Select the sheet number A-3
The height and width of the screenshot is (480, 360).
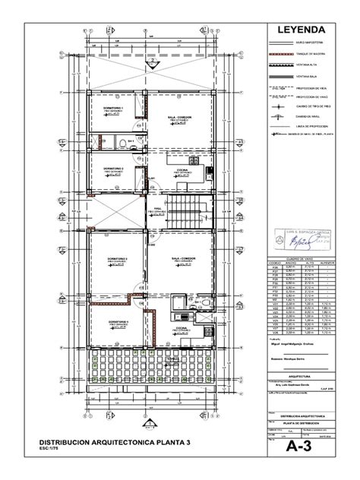tap(302, 449)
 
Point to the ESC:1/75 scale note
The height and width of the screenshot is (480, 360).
tap(50, 450)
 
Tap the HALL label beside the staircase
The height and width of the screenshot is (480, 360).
tap(158, 207)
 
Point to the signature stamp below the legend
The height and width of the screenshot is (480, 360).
tap(302, 239)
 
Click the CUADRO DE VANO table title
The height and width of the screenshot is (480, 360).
tap(302, 259)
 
